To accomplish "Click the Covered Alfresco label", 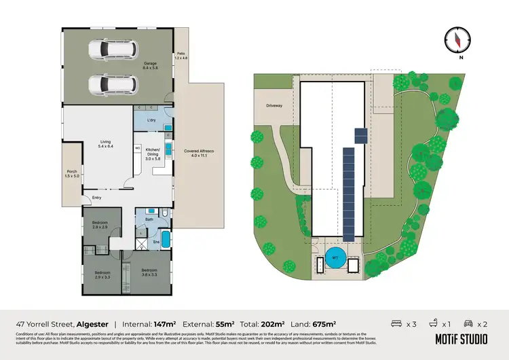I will [198, 154].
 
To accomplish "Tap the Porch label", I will [71, 174].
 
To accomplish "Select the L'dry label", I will [153, 120].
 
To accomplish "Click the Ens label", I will [155, 241].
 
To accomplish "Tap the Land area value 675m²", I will [324, 325].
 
